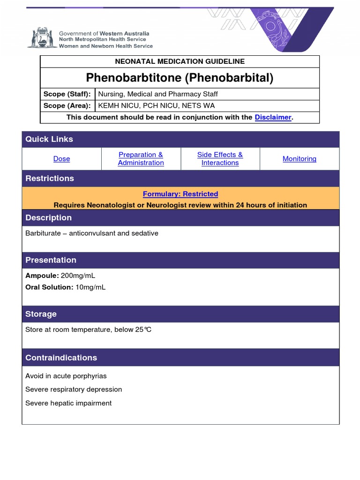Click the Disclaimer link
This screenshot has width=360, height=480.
(x=273, y=117)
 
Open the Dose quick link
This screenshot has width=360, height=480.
(x=61, y=159)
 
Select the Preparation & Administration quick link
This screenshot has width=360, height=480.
(x=141, y=159)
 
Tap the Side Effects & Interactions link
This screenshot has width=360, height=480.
(x=220, y=159)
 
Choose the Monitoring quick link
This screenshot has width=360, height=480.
(x=299, y=159)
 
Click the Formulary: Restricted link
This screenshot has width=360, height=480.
(x=180, y=194)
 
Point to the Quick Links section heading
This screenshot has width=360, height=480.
(x=49, y=139)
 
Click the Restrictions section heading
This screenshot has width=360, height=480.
(x=50, y=179)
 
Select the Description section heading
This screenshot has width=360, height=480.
(x=48, y=218)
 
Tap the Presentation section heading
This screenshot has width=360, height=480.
(x=51, y=260)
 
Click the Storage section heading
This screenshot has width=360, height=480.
(x=41, y=314)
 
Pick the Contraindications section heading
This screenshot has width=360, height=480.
(x=61, y=358)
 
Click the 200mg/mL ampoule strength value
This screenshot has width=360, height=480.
(x=81, y=276)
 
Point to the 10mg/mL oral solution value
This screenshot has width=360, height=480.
(x=90, y=287)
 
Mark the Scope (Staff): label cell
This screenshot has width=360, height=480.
(x=67, y=94)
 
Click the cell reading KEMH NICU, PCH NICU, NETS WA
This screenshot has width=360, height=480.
(x=156, y=106)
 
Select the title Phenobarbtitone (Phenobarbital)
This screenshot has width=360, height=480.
(x=180, y=77)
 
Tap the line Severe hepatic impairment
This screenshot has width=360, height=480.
(x=68, y=403)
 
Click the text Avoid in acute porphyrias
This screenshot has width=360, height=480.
(x=66, y=376)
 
